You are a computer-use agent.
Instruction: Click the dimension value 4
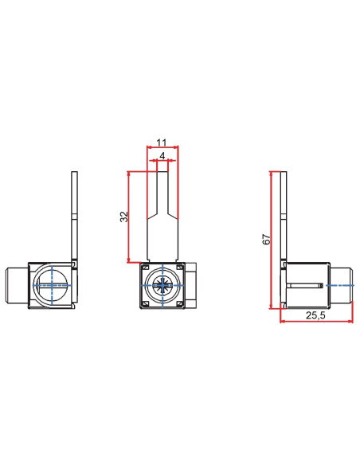[163, 157]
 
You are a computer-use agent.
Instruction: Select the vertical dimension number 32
[123, 217]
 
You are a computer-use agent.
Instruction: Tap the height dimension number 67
[267, 238]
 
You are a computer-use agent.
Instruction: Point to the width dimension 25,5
[316, 315]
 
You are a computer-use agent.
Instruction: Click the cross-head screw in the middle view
[163, 285]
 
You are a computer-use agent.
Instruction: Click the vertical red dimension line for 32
[128, 217]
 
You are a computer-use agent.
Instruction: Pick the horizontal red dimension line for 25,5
[316, 322]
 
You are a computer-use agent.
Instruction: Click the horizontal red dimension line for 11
[163, 147]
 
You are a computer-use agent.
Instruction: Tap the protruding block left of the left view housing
[17, 285]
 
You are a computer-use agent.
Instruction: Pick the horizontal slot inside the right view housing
[303, 285]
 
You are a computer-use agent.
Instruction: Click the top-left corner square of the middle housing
[145, 268]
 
